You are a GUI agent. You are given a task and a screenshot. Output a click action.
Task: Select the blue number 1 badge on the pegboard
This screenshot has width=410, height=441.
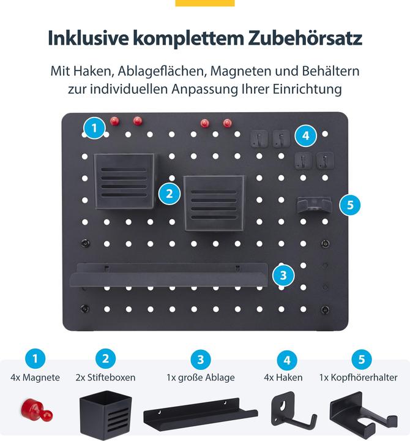click(x=94, y=129)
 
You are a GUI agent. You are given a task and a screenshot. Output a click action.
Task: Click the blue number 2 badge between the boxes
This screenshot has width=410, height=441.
click(x=170, y=194)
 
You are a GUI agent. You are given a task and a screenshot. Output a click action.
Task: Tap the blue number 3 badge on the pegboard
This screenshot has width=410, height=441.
click(x=282, y=275)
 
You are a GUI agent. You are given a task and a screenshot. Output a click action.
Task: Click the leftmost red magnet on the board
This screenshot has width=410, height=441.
click(x=114, y=121)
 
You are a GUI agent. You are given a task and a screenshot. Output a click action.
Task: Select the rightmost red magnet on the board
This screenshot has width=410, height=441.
click(x=228, y=123)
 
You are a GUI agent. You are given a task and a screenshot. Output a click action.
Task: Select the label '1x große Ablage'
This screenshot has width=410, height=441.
click(x=200, y=378)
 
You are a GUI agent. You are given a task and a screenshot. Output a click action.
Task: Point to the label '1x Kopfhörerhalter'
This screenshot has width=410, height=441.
click(x=358, y=378)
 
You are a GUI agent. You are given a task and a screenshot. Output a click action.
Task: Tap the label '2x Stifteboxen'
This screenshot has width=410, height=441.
click(x=106, y=378)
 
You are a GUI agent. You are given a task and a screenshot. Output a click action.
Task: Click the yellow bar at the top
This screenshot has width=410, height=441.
click(x=204, y=3)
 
